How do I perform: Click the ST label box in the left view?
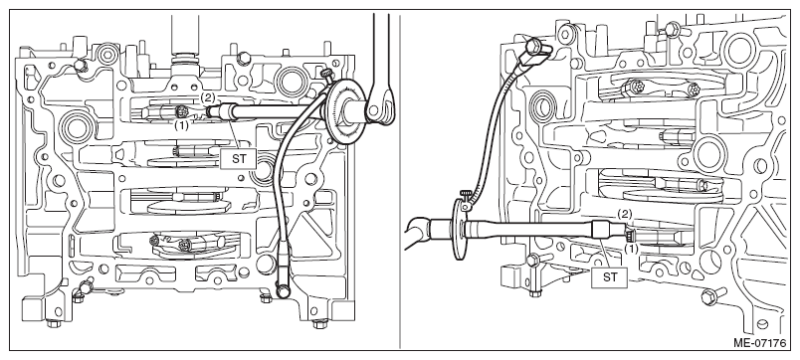[239, 158]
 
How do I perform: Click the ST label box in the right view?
[610, 277]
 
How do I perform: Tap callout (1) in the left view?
[182, 125]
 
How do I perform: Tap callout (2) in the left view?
[207, 96]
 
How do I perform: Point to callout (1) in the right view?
[632, 250]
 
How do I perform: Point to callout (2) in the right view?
[625, 214]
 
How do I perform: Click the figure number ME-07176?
[760, 343]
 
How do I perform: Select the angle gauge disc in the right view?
[458, 230]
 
